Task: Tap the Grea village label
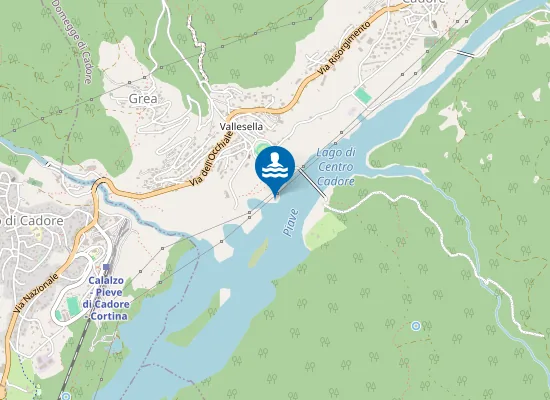[x=144, y=99]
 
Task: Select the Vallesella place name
[x=241, y=127]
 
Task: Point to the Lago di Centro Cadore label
[x=336, y=166]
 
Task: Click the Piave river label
[x=290, y=221]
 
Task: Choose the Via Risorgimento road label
[x=345, y=48]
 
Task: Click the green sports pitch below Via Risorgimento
[x=362, y=94]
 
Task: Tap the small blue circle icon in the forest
[x=415, y=326]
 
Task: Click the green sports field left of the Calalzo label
[x=71, y=303]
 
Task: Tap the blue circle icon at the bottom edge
[x=65, y=395]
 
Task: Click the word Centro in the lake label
[x=336, y=166]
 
